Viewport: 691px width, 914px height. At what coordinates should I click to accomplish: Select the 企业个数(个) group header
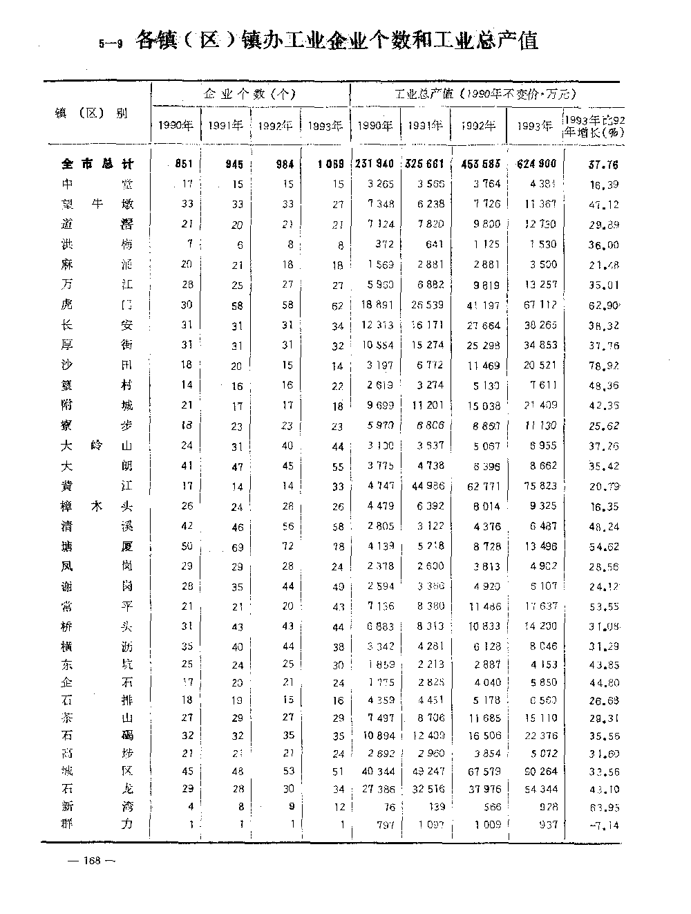pyautogui.click(x=250, y=94)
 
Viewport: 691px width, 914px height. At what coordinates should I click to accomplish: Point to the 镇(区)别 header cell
pyautogui.click(x=91, y=113)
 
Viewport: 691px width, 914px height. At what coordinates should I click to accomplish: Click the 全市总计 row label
pyautogui.click(x=97, y=165)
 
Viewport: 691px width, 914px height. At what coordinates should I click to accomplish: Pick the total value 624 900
pyautogui.click(x=536, y=165)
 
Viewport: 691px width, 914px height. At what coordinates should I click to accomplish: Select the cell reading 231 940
pyautogui.click(x=375, y=165)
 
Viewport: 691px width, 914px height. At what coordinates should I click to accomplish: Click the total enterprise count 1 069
pyautogui.click(x=330, y=165)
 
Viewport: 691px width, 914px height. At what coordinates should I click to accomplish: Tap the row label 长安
pyautogui.click(x=97, y=325)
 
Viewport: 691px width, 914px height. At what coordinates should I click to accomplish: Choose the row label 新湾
pyautogui.click(x=97, y=806)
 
